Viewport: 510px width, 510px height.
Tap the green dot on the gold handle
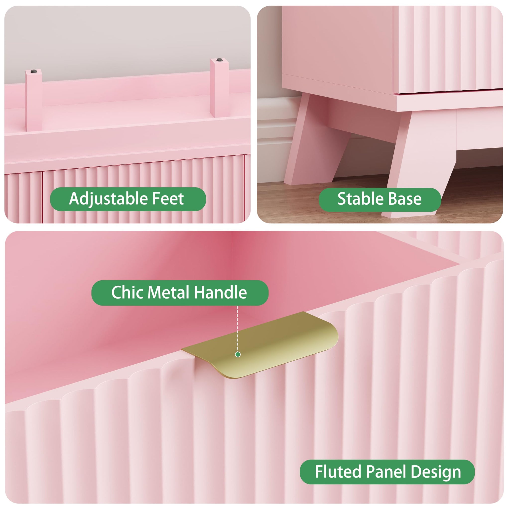(x=238, y=355)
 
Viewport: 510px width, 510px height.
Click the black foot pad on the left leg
(x=34, y=71)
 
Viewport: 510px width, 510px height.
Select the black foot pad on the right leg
(x=219, y=60)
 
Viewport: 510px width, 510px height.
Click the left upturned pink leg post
(x=34, y=100)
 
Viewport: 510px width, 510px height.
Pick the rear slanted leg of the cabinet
(x=317, y=140)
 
